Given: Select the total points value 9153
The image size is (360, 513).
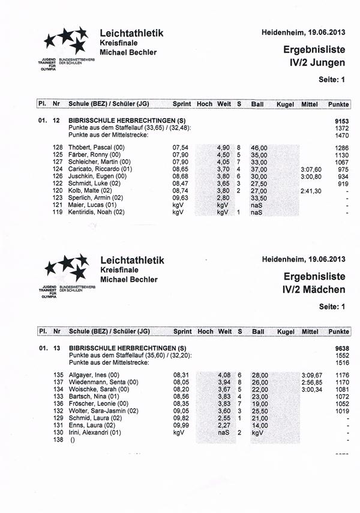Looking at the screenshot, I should (341, 121).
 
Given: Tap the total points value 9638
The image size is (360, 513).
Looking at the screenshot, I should (341, 349).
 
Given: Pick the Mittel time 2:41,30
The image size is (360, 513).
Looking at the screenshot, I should (311, 191).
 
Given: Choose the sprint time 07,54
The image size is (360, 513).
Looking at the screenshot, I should (181, 148).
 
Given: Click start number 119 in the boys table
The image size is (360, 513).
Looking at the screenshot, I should (58, 212).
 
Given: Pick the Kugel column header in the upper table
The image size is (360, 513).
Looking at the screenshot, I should (285, 104).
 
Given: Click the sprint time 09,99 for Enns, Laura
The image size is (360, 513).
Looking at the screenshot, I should (181, 425).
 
